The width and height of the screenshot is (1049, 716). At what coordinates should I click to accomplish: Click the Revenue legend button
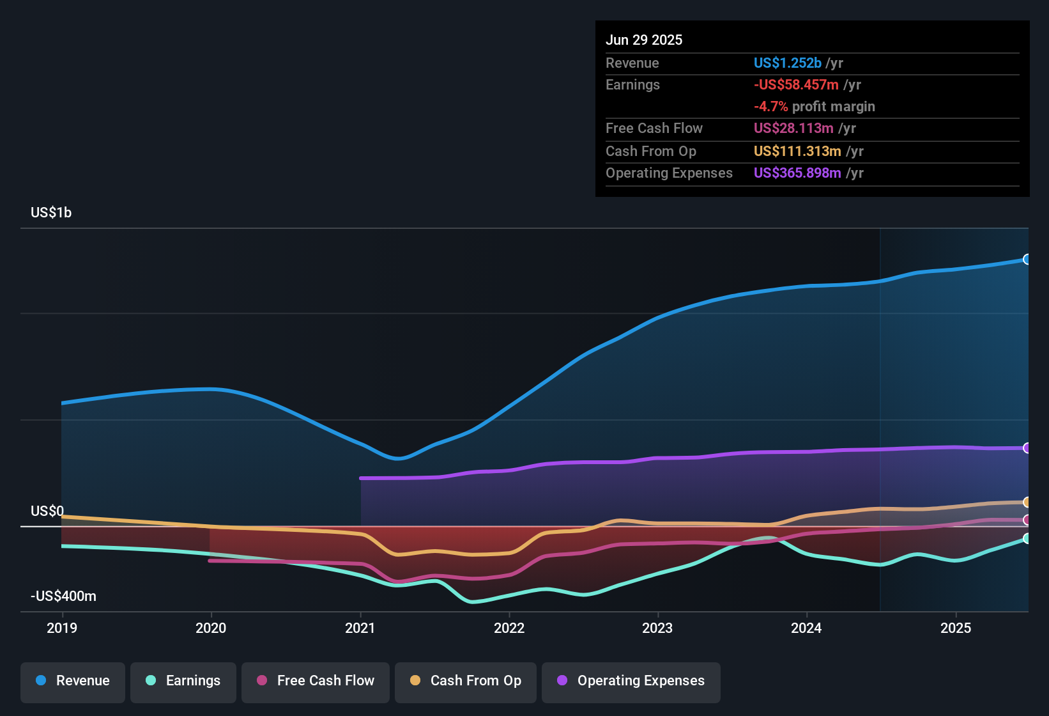pos(73,681)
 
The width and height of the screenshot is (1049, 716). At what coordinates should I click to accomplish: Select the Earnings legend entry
pos(183,681)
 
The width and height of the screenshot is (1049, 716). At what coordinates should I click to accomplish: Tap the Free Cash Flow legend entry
pos(316,681)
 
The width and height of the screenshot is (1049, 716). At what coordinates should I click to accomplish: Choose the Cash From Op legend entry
pos(466,681)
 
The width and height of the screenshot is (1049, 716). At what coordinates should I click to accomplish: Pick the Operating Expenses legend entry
pos(631,681)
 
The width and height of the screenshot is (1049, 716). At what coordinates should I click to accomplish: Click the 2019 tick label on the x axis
pos(62,628)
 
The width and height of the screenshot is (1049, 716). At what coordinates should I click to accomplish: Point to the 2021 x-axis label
pos(360,628)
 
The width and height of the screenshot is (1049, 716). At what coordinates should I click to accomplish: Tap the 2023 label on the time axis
pos(657,628)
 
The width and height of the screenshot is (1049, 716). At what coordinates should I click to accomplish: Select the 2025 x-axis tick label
pos(956,628)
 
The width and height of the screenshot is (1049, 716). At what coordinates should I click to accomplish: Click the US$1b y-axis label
pos(51,213)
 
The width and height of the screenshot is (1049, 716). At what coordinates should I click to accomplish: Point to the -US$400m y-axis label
pos(64,596)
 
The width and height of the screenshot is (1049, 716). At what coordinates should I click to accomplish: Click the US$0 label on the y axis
pos(47,511)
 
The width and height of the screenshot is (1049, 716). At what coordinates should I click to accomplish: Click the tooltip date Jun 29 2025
pos(644,40)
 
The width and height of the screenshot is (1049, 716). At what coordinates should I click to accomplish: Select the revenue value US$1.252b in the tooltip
pos(787,63)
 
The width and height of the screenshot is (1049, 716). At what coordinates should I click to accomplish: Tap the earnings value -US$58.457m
pos(796,85)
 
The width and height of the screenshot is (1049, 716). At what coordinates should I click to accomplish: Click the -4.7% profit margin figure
pos(770,107)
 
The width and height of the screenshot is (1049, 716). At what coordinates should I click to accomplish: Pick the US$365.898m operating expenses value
pos(797,173)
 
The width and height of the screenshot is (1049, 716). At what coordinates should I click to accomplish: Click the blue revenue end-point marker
pos(1027,260)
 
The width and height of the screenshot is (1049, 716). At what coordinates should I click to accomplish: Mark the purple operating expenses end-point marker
pos(1027,448)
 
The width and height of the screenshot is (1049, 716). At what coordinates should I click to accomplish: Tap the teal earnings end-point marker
pos(1027,538)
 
